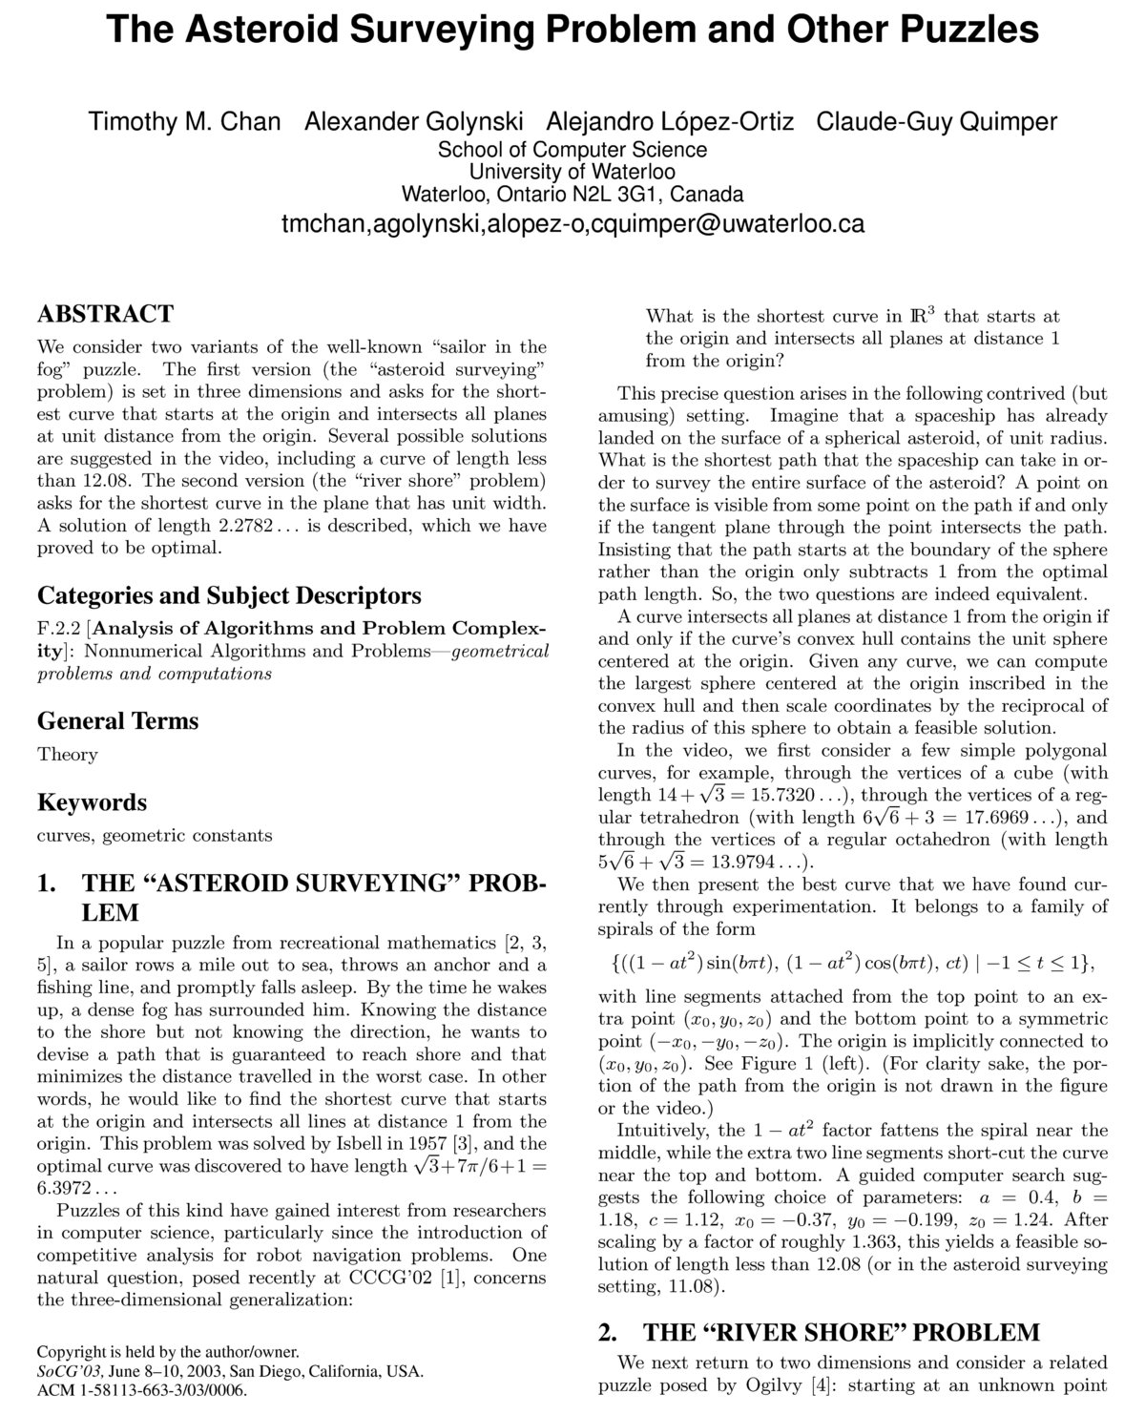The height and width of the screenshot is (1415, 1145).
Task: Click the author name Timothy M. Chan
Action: click(x=184, y=122)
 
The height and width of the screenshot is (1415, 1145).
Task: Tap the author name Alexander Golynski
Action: click(x=413, y=122)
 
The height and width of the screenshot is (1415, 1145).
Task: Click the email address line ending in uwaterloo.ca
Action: click(x=572, y=224)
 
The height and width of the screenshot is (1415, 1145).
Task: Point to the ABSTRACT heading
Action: click(x=105, y=314)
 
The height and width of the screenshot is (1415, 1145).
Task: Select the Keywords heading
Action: click(x=92, y=802)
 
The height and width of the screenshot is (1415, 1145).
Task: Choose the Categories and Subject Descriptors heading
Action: click(x=229, y=595)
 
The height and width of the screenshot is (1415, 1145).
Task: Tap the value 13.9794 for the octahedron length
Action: click(x=749, y=863)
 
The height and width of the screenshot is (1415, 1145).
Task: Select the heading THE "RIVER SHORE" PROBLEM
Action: click(x=841, y=1332)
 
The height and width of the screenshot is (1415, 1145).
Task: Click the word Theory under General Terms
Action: click(x=67, y=755)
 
